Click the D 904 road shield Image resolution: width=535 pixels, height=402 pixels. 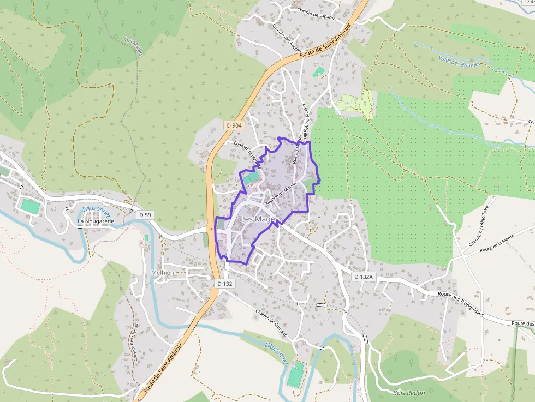point(234,125)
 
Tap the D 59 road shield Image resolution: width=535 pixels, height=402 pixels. point(145,215)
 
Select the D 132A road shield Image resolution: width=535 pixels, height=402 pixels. point(363,277)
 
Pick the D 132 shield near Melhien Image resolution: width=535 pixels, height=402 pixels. point(224,284)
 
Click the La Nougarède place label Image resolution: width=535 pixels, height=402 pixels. point(96,221)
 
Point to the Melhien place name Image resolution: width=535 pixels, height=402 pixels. point(162,273)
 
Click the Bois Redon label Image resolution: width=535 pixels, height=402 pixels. point(409,393)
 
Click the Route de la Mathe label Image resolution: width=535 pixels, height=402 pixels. point(497,244)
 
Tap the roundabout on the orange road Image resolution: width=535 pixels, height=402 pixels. point(211,229)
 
